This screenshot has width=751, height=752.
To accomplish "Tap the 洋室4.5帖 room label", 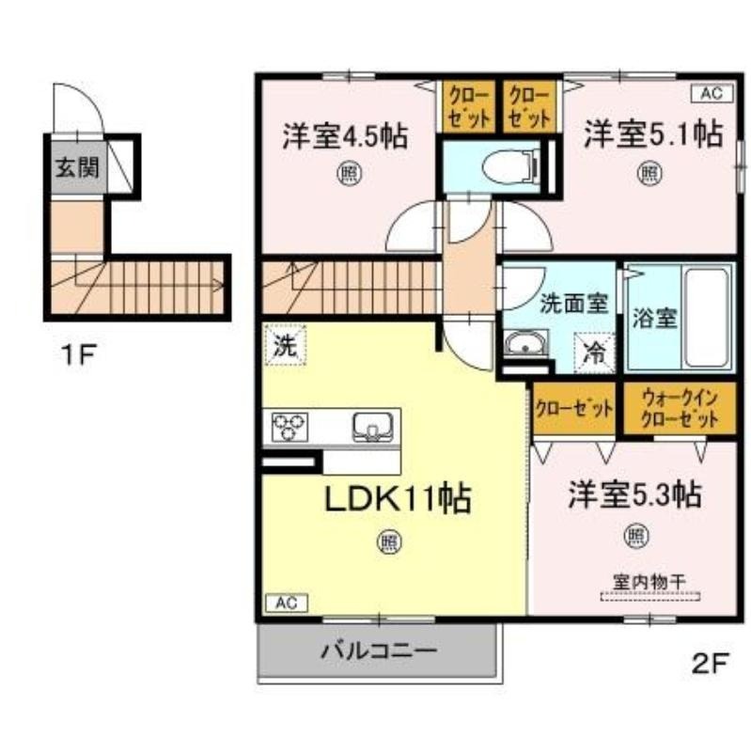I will coord(346,137).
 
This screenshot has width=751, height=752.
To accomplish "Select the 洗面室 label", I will coord(574,304).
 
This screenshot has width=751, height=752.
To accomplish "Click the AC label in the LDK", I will coord(285,603).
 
